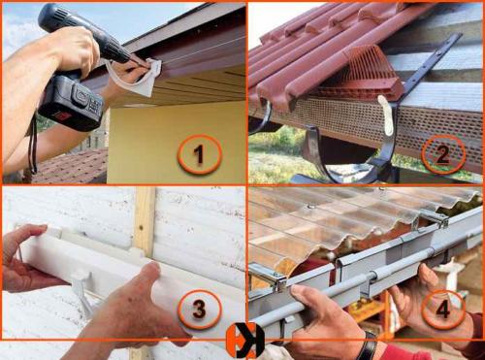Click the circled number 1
(200, 154)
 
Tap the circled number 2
(443, 154)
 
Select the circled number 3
(200, 309)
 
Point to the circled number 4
(443, 310)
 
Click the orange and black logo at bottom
(245, 341)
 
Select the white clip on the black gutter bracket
(387, 115)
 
